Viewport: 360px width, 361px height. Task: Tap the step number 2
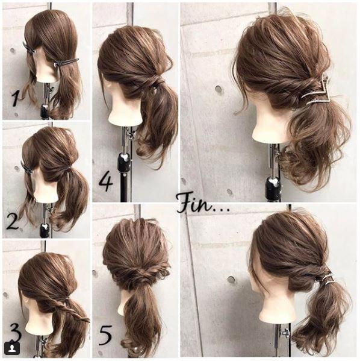(x=13, y=221)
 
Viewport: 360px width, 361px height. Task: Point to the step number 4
(x=106, y=183)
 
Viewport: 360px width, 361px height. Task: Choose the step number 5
(x=105, y=336)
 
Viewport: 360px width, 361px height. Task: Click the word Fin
(x=194, y=203)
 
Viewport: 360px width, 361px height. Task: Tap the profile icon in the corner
(x=13, y=348)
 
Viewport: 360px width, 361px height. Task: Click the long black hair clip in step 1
(x=66, y=63)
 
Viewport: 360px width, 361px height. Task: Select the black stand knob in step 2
(x=45, y=230)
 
